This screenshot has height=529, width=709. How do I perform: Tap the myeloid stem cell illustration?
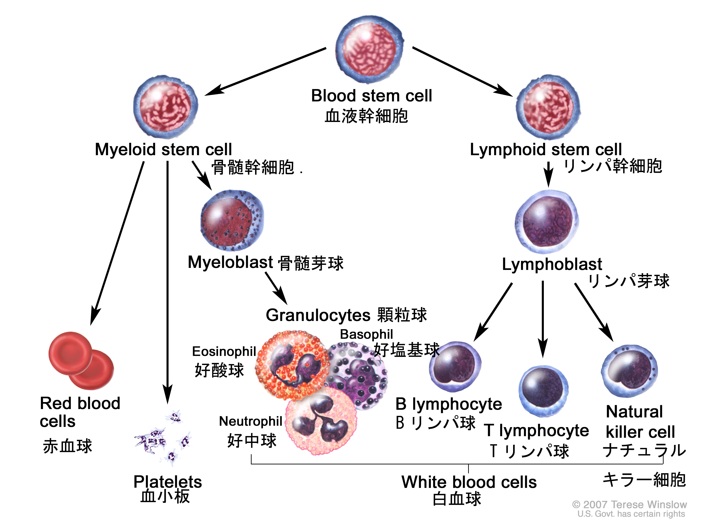166,107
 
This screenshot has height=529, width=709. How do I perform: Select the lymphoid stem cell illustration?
548,107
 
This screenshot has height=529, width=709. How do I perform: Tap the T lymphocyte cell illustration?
543,391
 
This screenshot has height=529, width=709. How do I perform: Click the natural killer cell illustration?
629,372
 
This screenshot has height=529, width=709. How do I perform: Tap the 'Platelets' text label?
167,482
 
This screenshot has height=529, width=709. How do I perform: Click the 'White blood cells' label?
469,482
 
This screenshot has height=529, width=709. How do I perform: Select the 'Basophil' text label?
366,334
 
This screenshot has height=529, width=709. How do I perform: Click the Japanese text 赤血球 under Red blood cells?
68,446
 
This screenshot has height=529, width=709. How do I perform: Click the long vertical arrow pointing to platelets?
167,282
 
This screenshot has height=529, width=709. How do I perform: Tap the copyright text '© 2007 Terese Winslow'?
629,505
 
